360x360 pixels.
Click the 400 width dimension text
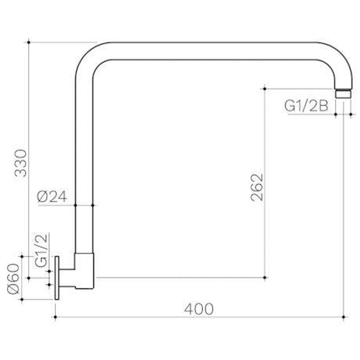pyautogui.click(x=199, y=309)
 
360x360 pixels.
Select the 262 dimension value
pyautogui.click(x=257, y=187)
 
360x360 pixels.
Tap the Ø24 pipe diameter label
pyautogui.click(x=52, y=197)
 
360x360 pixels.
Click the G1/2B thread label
pyautogui.click(x=306, y=106)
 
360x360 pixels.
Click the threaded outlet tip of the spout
pyautogui.click(x=343, y=94)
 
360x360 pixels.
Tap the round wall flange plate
pyautogui.click(x=57, y=278)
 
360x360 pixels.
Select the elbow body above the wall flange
pyautogui.click(x=85, y=270)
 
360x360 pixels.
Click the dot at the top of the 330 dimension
pyautogui.click(x=29, y=42)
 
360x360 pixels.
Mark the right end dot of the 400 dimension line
pyautogui.click(x=344, y=317)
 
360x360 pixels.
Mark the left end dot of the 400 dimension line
pyautogui.click(x=55, y=317)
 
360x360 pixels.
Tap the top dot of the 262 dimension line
pyautogui.click(x=264, y=89)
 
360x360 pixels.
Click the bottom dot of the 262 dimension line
pyautogui.click(x=264, y=277)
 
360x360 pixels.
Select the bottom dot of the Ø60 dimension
pyautogui.click(x=22, y=299)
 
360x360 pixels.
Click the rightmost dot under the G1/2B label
pyautogui.click(x=351, y=114)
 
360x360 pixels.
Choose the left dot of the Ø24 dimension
pyautogui.click(x=76, y=205)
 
